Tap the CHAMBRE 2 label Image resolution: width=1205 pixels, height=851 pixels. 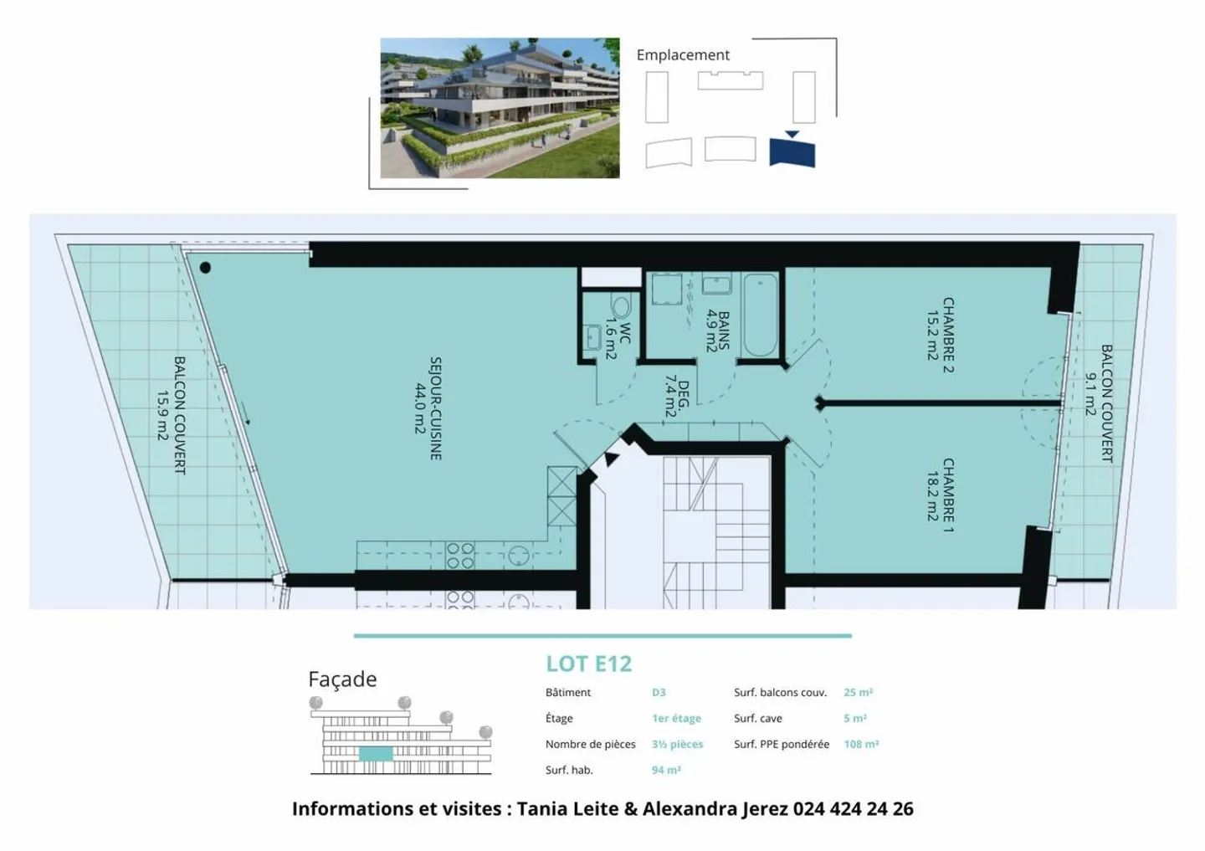[x=940, y=334]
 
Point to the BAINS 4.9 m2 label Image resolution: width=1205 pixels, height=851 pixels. [x=717, y=331]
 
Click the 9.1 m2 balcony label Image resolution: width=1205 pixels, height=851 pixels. [x=1098, y=402]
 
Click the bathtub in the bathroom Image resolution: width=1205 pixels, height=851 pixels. [x=760, y=315]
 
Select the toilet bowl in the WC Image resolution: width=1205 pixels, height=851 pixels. [x=621, y=306]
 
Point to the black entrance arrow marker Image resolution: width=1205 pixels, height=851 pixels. [x=611, y=459]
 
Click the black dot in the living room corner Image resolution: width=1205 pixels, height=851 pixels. [x=205, y=268]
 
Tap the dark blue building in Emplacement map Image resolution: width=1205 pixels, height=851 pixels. [x=792, y=152]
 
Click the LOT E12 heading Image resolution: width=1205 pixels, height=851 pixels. [x=588, y=664]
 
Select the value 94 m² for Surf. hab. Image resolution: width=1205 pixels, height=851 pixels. [x=666, y=770]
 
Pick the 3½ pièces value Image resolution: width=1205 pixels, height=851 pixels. [x=677, y=744]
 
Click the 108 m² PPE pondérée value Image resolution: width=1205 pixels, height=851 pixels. [x=861, y=744]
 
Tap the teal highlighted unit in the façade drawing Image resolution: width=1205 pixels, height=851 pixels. [x=376, y=754]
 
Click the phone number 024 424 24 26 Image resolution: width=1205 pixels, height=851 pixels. [x=853, y=808]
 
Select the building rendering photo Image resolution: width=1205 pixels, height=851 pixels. [x=500, y=108]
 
